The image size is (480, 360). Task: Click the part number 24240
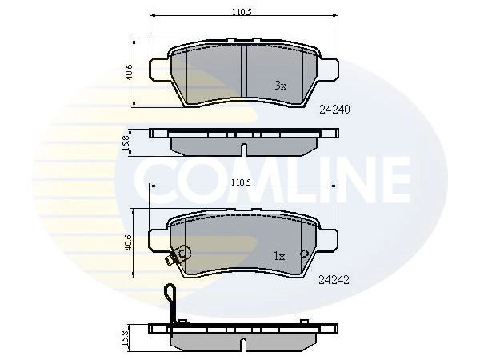click(x=336, y=110)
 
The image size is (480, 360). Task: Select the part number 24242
click(x=336, y=280)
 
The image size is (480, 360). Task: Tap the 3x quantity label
click(x=280, y=85)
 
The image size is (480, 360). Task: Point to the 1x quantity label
click(x=279, y=257)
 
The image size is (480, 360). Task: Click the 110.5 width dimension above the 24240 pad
click(x=243, y=12)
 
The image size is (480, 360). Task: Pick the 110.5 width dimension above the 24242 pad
click(x=243, y=183)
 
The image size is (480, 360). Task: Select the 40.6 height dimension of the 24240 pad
click(x=130, y=72)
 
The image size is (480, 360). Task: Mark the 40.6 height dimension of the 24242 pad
click(x=130, y=242)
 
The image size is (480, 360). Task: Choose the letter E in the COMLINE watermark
click(x=389, y=177)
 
